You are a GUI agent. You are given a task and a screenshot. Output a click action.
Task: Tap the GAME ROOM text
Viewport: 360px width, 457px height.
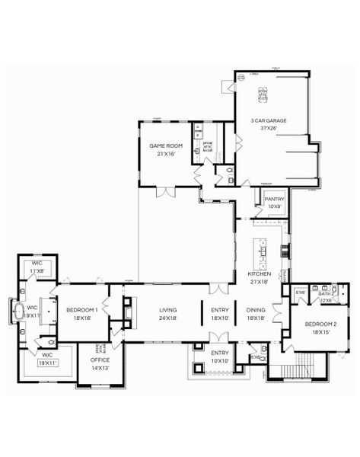pos(166,145)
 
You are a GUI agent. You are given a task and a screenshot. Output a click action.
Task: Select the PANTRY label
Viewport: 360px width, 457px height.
pos(274,199)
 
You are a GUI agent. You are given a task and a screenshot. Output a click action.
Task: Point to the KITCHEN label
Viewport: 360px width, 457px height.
pos(260,273)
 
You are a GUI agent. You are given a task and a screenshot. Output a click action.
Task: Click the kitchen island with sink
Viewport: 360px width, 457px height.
pos(266,248)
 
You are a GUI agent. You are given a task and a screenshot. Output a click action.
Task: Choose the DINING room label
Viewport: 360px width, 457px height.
pos(256,309)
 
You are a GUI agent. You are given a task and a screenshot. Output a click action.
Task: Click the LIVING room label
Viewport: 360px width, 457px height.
pos(168,309)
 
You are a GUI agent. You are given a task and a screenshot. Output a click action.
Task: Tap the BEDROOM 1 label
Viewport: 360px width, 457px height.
pos(81,309)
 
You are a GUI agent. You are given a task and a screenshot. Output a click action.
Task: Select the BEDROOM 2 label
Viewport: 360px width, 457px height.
pos(319,324)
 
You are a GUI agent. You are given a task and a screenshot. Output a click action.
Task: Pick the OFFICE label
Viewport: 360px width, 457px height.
pos(100,359)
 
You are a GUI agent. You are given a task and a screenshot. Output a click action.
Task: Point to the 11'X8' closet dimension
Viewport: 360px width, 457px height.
pos(37,270)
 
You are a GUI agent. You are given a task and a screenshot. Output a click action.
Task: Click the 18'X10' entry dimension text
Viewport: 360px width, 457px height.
pos(220,318)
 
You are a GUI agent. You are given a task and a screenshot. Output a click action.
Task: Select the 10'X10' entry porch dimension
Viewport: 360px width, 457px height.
pos(220,361)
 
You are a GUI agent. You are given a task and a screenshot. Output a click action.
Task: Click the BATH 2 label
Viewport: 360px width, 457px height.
pos(327,293)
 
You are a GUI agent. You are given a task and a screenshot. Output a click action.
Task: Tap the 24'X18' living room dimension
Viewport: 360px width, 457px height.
pos(168,318)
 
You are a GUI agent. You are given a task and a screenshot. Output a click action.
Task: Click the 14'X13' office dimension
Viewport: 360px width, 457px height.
pos(100,367)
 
